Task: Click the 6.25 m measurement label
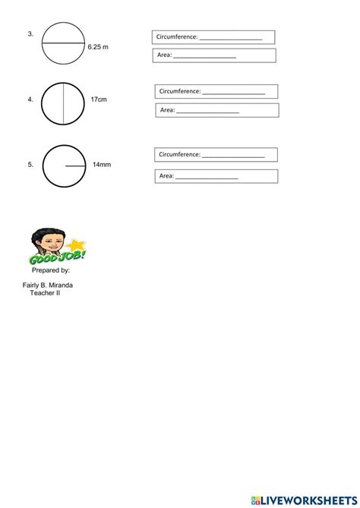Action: [98, 46]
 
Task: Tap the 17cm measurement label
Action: [99, 99]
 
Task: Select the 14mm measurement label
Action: [102, 163]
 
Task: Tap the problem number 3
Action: [30, 33]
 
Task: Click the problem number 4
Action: [30, 99]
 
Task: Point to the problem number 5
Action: [30, 163]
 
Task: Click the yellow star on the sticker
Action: [76, 245]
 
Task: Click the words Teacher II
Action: [46, 294]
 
